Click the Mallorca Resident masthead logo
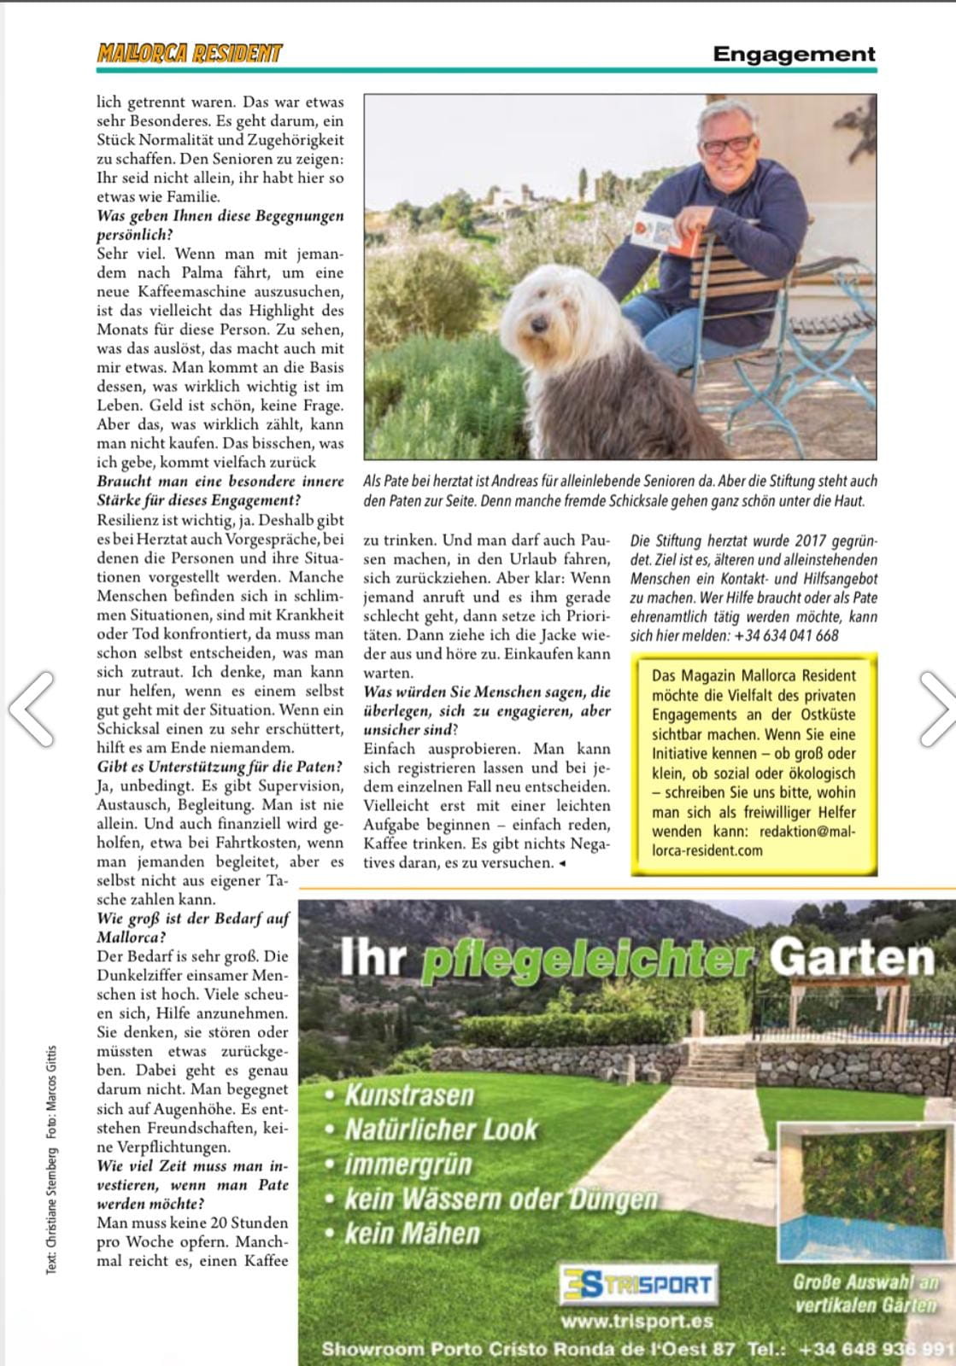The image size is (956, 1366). [189, 54]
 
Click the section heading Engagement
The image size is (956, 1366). [795, 55]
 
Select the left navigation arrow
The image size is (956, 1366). [32, 708]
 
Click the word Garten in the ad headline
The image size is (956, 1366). [851, 958]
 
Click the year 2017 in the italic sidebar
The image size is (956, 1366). [810, 541]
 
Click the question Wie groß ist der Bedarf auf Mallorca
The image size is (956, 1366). [193, 928]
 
